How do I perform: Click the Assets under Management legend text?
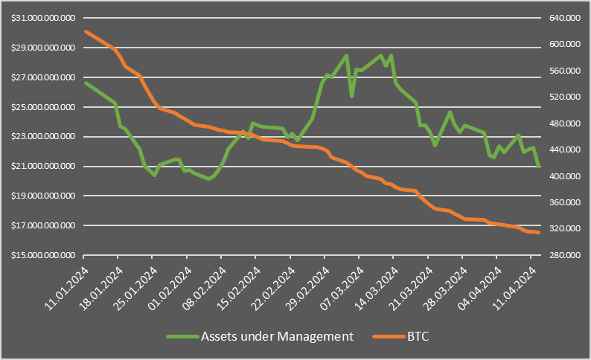point(277,336)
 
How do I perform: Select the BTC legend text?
point(419,336)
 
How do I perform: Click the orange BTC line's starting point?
point(86,31)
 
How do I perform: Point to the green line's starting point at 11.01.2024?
point(86,83)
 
